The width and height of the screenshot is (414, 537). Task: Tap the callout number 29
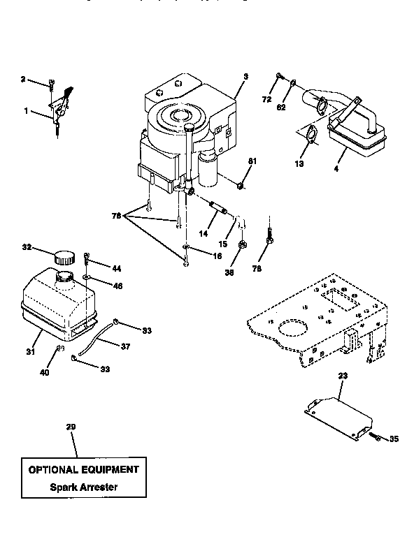tap(70, 427)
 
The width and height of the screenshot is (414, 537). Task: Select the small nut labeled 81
tap(240, 185)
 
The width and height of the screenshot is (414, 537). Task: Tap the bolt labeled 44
tap(87, 260)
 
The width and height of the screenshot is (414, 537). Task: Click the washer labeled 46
tap(85, 278)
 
